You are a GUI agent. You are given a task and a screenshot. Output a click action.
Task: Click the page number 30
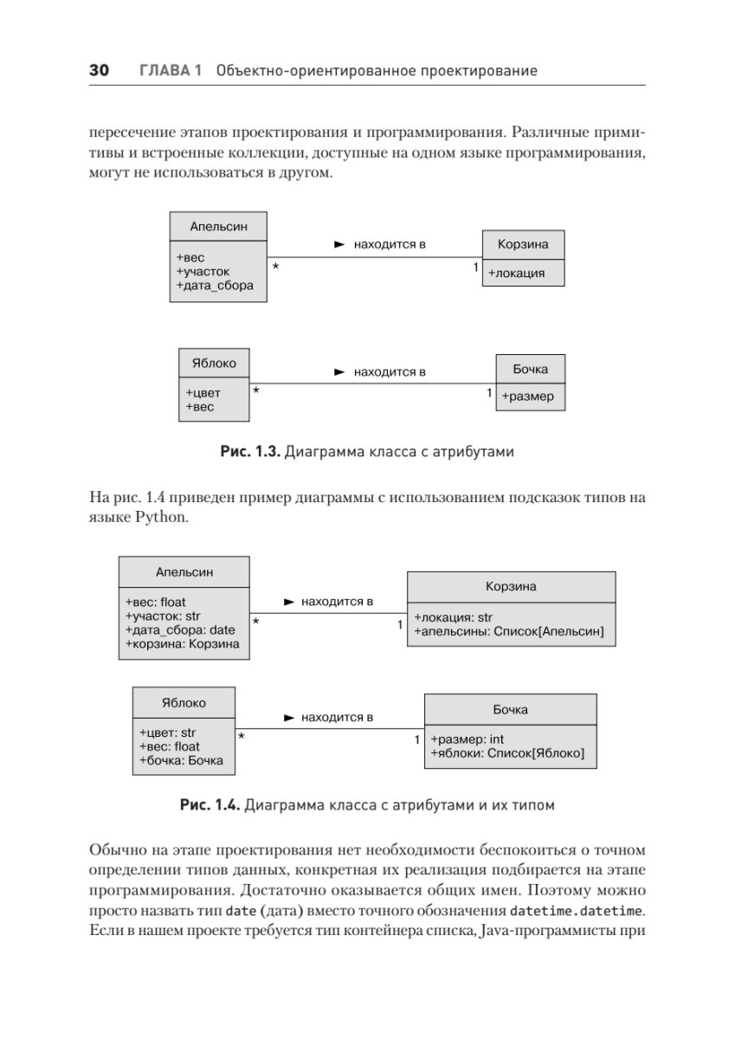[98, 70]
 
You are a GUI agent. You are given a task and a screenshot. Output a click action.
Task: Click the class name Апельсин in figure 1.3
[218, 227]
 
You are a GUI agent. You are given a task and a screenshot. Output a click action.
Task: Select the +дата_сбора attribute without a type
[215, 285]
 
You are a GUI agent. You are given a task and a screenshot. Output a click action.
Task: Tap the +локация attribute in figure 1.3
[516, 273]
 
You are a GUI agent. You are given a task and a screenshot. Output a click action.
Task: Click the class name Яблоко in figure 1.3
[214, 363]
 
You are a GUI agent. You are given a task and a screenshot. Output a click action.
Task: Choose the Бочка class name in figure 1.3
[530, 369]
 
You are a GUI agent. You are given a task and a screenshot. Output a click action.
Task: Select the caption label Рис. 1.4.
[209, 804]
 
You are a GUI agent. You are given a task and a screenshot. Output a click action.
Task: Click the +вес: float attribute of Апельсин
[156, 602]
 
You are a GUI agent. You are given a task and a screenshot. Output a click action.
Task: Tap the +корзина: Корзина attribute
[182, 643]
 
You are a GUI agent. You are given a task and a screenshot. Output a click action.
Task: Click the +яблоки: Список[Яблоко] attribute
[507, 753]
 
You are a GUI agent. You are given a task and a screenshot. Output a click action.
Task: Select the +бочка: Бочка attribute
[181, 760]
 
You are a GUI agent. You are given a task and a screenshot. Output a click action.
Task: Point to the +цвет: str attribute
[167, 732]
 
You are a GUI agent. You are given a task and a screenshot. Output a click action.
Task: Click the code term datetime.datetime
[577, 911]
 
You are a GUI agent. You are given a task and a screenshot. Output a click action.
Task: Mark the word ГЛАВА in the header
[171, 70]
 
